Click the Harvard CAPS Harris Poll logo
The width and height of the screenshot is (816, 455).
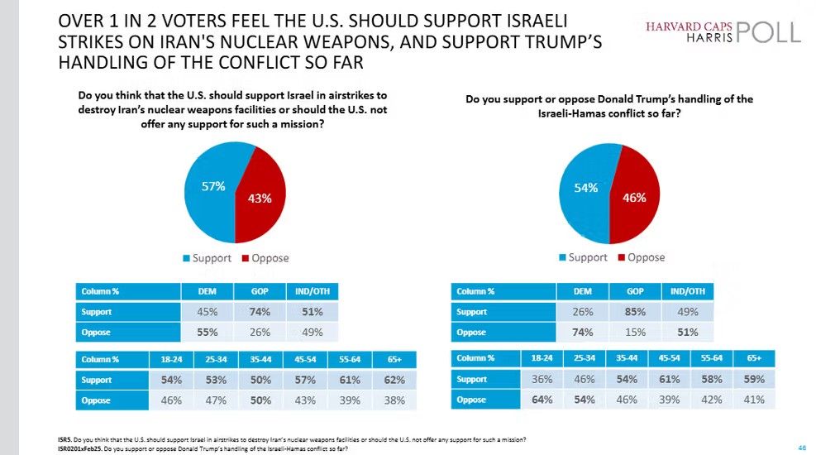pos(723,32)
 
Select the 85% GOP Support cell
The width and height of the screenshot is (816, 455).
pos(636,312)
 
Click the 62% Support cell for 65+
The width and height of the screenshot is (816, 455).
pos(394,380)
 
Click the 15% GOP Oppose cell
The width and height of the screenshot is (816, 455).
pos(636,332)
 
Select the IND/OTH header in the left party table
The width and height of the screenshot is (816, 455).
pos(312,291)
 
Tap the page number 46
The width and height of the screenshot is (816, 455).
pos(801,447)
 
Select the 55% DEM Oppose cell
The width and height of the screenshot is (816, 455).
pos(207,331)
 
